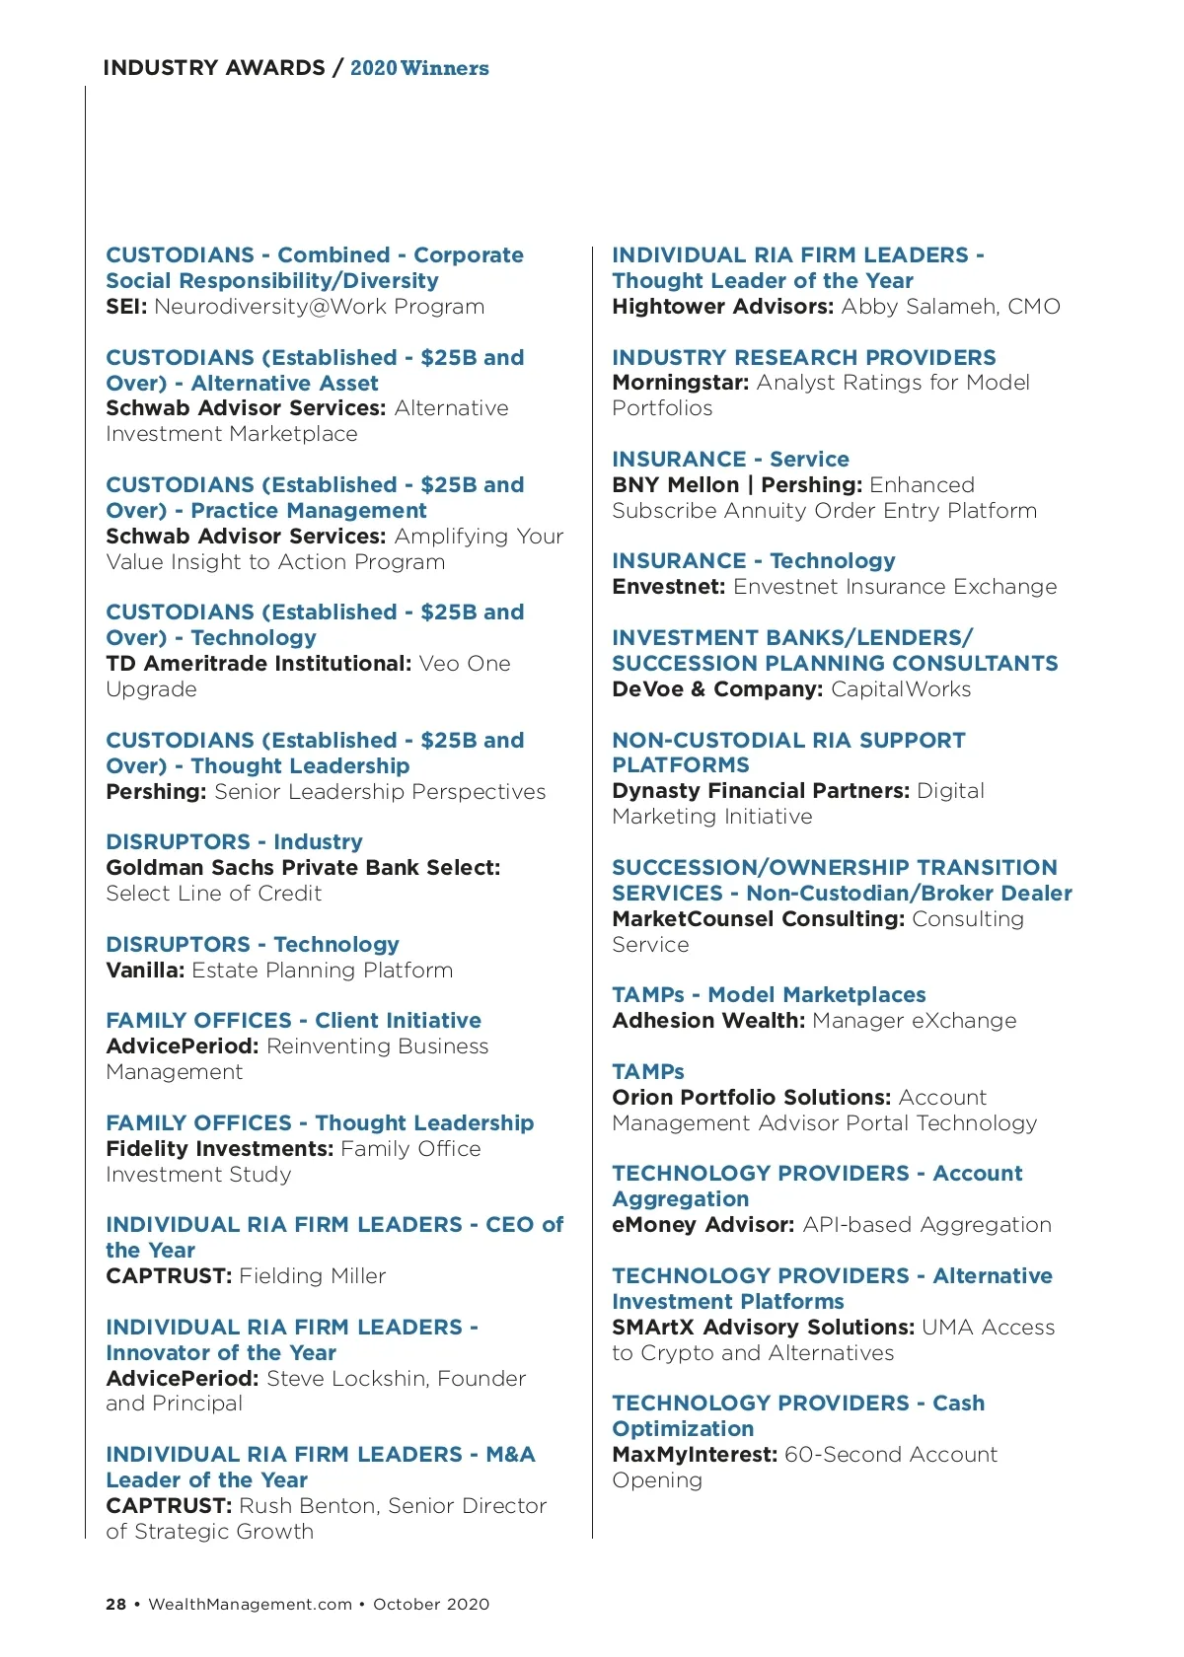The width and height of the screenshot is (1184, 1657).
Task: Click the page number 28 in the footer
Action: click(115, 1604)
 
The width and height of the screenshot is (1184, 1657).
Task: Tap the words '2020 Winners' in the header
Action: click(419, 68)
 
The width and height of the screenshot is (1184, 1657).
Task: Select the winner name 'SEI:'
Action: click(126, 307)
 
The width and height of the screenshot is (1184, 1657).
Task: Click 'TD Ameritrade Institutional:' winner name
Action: click(259, 664)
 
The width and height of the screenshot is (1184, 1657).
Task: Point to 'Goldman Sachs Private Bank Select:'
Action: click(303, 868)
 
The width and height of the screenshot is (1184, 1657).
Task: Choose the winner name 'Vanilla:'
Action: click(145, 971)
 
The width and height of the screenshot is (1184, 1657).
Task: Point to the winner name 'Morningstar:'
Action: click(681, 383)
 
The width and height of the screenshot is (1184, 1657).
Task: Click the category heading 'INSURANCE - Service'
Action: click(730, 460)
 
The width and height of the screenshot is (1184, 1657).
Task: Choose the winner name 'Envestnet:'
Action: click(669, 587)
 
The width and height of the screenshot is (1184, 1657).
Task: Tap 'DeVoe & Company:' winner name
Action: click(717, 689)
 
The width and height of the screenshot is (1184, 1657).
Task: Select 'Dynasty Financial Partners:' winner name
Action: click(761, 791)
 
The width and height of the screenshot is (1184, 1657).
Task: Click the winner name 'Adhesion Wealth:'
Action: click(708, 1021)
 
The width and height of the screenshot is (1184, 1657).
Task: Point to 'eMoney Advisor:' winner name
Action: click(703, 1225)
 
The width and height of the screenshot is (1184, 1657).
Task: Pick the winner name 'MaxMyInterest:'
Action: click(695, 1455)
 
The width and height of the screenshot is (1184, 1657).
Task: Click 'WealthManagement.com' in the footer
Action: click(250, 1604)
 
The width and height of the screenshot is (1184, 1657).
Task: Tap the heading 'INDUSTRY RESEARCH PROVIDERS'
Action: click(804, 358)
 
